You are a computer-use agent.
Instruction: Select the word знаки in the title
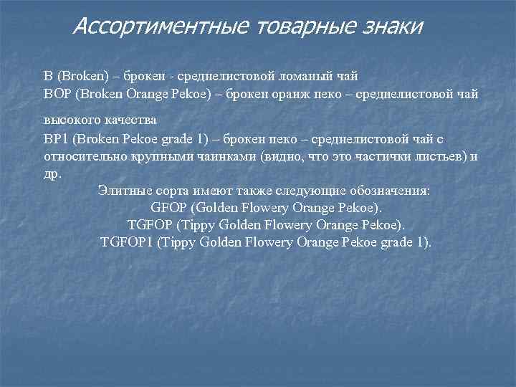(389, 27)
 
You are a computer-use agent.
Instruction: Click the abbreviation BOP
(57, 94)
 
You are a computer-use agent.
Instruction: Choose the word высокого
(70, 119)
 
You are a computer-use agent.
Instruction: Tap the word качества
(131, 119)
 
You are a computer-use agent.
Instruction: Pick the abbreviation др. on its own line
(53, 174)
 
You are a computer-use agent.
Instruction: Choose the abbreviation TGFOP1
(125, 242)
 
